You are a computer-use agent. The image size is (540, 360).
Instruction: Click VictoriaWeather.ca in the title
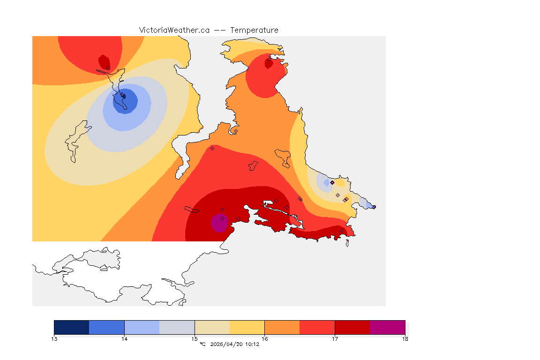tap(174, 30)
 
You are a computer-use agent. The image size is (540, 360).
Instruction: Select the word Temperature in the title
tap(254, 30)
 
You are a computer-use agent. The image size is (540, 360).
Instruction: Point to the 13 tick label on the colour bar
tap(54, 338)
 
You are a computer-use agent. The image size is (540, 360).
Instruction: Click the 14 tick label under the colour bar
tap(124, 338)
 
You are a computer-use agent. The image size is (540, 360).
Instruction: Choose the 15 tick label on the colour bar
tap(195, 338)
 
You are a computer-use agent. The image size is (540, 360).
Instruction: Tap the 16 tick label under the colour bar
tap(265, 338)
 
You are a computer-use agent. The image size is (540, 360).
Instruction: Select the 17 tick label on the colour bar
tap(335, 338)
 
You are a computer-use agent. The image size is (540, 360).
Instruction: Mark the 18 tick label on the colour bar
tap(405, 338)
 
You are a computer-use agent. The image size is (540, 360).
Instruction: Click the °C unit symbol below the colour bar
tap(202, 344)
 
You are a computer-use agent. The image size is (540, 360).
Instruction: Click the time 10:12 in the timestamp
tap(253, 344)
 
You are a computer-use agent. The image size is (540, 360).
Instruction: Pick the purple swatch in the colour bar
tap(387, 327)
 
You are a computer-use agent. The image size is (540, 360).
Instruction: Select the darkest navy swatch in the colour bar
tap(71, 327)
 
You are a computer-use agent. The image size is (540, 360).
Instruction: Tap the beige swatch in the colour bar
tap(212, 327)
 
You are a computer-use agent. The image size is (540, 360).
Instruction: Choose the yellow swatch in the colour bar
tap(247, 327)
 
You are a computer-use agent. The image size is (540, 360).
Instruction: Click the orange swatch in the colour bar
tap(282, 327)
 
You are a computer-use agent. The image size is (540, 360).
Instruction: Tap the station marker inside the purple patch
tap(222, 218)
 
